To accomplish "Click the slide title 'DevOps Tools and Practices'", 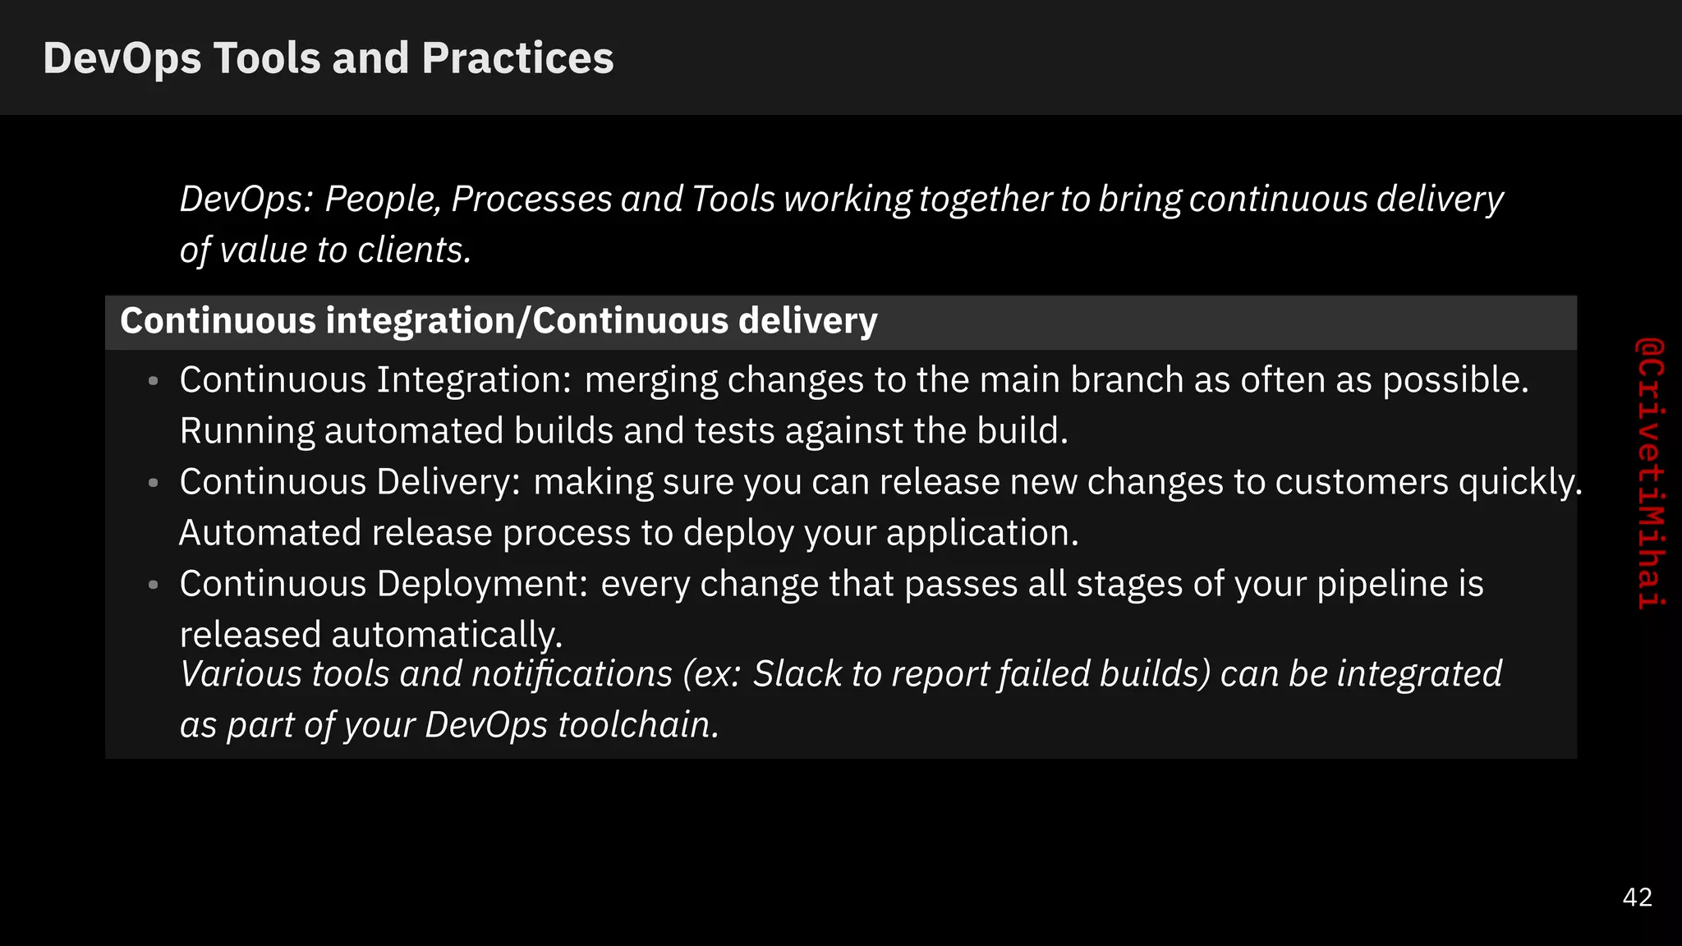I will [328, 58].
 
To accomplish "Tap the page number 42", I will [1637, 897].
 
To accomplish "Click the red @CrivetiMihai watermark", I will [1649, 473].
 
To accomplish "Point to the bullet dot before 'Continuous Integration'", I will [153, 381].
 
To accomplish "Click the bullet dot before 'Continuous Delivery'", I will [153, 483].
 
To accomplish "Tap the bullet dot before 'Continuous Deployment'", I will [153, 585].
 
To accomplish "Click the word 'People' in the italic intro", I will [383, 200].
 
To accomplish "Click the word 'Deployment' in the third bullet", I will [481, 584].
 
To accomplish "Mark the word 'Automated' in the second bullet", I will [270, 533].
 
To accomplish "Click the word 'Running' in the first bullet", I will [247, 431].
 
